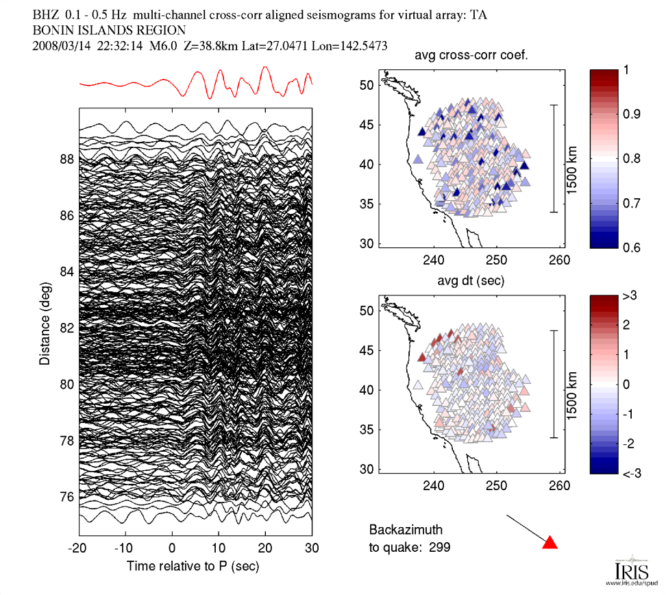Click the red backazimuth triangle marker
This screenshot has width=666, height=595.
click(550, 543)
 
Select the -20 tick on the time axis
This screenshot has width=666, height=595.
click(78, 548)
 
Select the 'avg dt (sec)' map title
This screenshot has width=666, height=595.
click(466, 282)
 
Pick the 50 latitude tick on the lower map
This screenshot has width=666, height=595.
click(367, 310)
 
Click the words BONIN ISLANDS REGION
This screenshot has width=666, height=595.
click(109, 30)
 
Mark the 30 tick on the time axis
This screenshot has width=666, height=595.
click(312, 548)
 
